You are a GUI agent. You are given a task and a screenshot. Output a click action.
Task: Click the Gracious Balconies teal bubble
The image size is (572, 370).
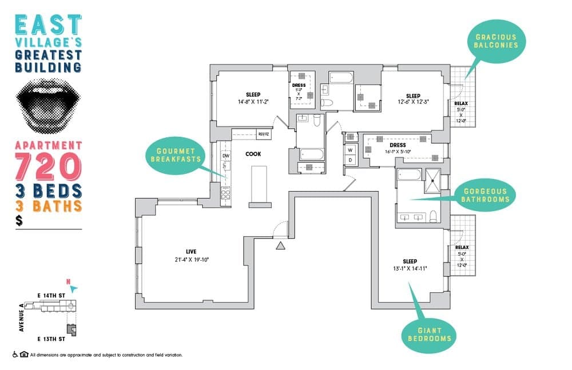click(496, 41)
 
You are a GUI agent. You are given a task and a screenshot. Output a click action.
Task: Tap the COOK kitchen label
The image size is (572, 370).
click(253, 154)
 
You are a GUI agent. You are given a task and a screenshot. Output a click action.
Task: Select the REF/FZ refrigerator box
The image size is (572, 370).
click(264, 134)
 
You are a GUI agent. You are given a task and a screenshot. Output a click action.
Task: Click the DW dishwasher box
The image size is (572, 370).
click(225, 155)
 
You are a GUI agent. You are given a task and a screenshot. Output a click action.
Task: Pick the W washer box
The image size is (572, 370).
click(349, 150)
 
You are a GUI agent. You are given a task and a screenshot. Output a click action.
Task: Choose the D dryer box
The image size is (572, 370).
click(349, 160)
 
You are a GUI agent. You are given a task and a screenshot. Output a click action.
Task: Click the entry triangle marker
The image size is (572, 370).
click(280, 246)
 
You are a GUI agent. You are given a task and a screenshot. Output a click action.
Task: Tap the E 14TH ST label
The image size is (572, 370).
click(51, 295)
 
